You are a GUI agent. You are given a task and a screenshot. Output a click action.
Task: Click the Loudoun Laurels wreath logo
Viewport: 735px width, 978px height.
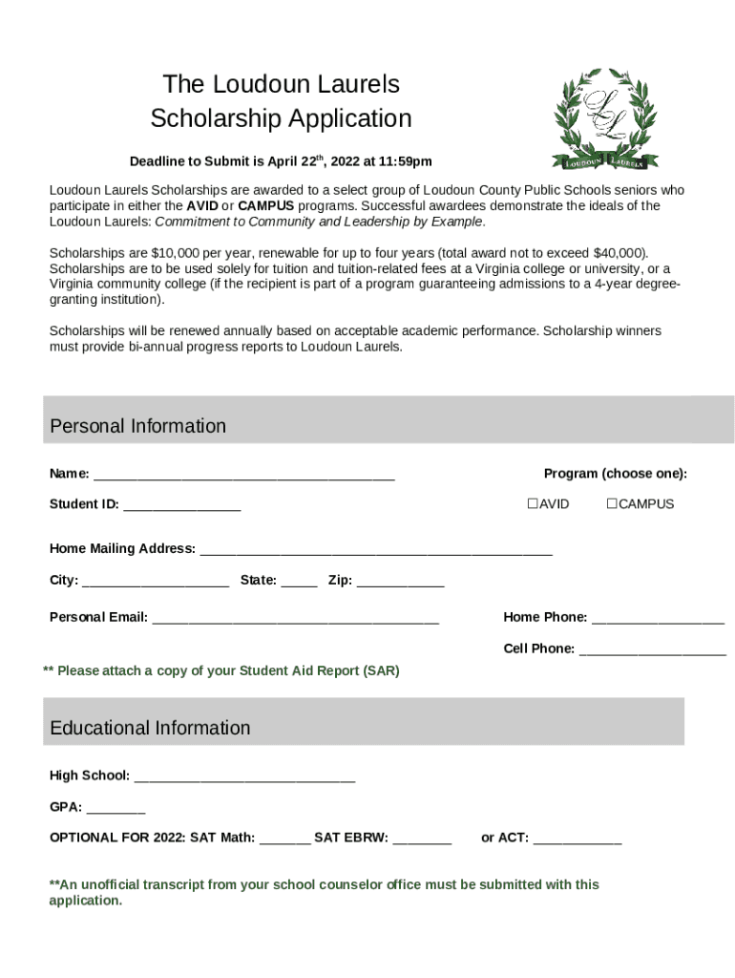tap(605, 118)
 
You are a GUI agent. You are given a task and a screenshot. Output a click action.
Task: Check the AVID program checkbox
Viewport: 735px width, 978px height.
tap(534, 503)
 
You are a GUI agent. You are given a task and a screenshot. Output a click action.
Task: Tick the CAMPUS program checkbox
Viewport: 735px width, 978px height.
tap(613, 503)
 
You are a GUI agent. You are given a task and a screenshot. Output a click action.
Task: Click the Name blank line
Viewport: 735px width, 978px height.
tap(243, 475)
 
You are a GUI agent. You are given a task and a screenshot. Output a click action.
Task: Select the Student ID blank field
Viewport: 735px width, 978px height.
tap(181, 505)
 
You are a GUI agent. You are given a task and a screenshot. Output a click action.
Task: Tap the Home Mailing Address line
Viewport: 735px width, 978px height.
tap(375, 550)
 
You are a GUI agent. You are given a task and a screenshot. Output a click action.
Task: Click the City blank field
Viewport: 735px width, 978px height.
tap(156, 581)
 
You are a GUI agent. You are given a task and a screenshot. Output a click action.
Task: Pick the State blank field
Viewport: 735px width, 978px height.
tap(300, 581)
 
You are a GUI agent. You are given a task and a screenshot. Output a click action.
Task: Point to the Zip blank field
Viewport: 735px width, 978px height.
tap(400, 581)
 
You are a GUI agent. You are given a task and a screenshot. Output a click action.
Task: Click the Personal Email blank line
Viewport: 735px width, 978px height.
tap(295, 619)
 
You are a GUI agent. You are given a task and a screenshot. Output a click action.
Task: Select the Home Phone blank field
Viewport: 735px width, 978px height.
tap(658, 619)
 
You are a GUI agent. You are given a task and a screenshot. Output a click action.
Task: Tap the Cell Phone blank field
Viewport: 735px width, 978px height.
tap(652, 650)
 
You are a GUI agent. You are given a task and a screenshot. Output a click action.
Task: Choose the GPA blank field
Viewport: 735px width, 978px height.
tap(115, 808)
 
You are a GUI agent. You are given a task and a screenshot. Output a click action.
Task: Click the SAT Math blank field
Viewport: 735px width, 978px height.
tap(284, 840)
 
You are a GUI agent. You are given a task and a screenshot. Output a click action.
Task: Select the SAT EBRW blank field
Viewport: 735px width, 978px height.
tap(422, 840)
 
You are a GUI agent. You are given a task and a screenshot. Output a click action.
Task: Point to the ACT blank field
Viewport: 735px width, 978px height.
tap(577, 840)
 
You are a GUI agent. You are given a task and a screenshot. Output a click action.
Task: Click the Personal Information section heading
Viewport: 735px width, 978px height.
tap(138, 426)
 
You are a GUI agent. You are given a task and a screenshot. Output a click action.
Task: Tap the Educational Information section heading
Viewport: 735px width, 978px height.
tap(150, 728)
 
